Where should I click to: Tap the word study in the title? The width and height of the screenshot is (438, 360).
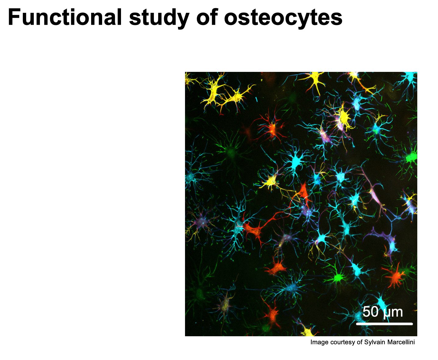coord(159,18)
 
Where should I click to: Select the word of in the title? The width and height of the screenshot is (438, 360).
coord(207,17)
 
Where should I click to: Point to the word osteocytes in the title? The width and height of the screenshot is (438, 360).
coord(283,18)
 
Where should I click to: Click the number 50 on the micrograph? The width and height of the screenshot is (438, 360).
coord(370,312)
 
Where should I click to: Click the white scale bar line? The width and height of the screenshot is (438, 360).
coord(384,324)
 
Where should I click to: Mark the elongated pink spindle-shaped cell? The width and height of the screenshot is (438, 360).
coord(375,195)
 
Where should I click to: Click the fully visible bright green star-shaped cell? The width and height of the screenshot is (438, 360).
coord(338,277)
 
